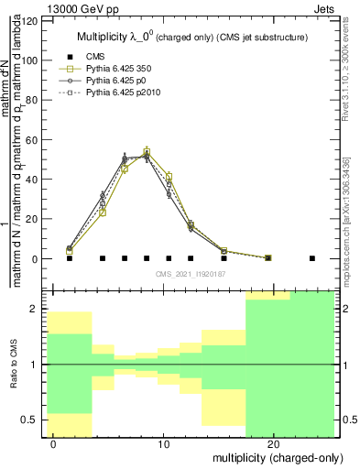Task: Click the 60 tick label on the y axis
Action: tap(35, 140)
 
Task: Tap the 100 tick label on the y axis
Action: tap(32, 60)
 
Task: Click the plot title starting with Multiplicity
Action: tap(191, 38)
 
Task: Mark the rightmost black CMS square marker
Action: tap(312, 258)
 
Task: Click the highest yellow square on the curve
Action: tap(147, 151)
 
